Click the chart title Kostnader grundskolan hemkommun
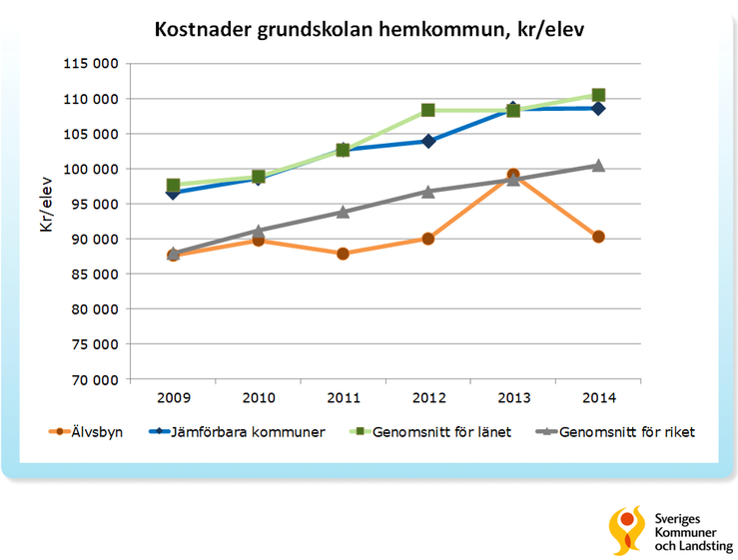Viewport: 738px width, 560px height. [x=369, y=29]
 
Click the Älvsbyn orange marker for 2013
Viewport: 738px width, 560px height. [x=513, y=176]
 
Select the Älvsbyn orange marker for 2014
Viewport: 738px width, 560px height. [x=598, y=237]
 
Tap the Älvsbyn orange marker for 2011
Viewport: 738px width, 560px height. [x=343, y=254]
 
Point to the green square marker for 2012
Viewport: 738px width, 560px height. [x=427, y=110]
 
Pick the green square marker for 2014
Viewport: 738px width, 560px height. [x=598, y=95]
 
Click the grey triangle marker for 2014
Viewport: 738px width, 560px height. [x=598, y=165]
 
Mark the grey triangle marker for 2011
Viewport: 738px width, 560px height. [x=343, y=212]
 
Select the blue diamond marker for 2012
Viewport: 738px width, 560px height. [x=428, y=141]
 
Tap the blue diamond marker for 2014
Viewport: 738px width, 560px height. [x=598, y=108]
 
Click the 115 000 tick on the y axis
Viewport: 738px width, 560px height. [x=92, y=64]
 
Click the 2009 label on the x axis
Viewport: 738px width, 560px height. [x=173, y=398]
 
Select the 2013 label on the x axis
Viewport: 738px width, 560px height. [x=513, y=398]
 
